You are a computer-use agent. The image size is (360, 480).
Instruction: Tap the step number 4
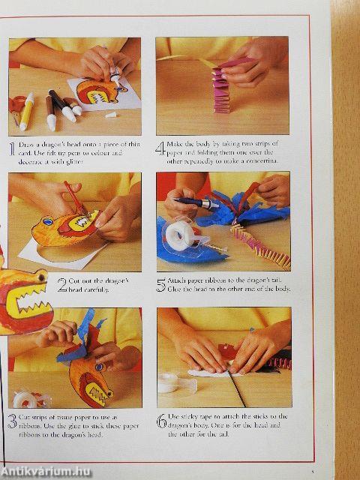[x=160, y=148]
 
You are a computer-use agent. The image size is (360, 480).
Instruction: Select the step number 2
[x=62, y=284]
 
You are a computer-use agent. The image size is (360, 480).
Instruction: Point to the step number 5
[x=160, y=284]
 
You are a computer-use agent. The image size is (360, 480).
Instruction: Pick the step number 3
[x=12, y=421]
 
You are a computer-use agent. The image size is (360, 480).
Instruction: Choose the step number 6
[x=160, y=421]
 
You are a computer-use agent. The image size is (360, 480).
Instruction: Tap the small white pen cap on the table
[x=110, y=115]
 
